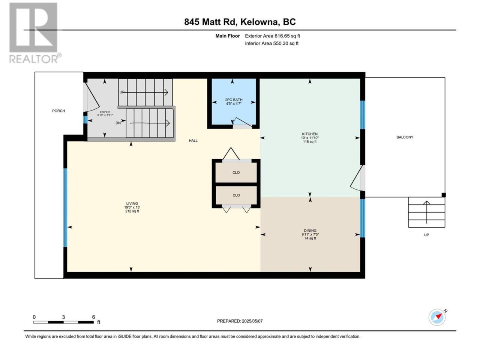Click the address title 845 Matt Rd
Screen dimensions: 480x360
click(x=211, y=22)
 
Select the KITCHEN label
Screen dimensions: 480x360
click(x=310, y=134)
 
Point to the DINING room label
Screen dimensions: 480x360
click(x=310, y=231)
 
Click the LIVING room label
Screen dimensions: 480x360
click(x=132, y=204)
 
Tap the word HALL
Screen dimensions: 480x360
click(x=193, y=141)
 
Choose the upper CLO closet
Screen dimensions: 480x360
click(x=236, y=172)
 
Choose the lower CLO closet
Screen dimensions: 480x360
click(x=236, y=195)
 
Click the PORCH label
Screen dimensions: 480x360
click(x=58, y=111)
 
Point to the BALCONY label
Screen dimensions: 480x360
click(x=405, y=137)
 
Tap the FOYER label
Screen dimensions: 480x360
click(x=105, y=112)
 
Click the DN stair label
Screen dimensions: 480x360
click(x=118, y=123)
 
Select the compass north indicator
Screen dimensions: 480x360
click(x=437, y=317)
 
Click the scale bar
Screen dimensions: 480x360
click(x=63, y=322)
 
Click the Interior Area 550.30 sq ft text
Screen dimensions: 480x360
click(x=271, y=43)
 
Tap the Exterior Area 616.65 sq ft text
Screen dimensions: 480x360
click(x=273, y=36)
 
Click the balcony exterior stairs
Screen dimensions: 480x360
click(x=426, y=212)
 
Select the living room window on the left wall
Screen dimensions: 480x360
click(x=65, y=208)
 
